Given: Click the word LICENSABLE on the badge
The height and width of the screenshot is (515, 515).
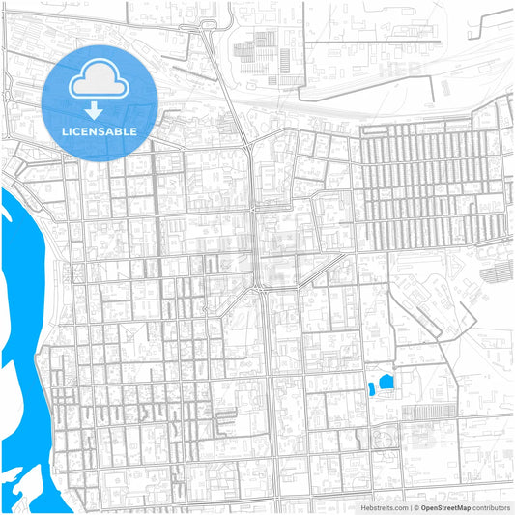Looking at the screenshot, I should (x=100, y=130).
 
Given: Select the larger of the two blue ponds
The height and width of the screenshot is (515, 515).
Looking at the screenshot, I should (x=387, y=383).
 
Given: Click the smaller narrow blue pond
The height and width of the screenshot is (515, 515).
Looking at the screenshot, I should (x=371, y=389).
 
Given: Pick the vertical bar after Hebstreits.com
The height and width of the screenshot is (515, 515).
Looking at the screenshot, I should (x=412, y=506).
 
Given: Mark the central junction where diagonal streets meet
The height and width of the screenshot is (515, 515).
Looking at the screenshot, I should (x=259, y=287).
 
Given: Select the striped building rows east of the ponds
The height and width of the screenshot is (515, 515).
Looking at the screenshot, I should (x=425, y=412).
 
